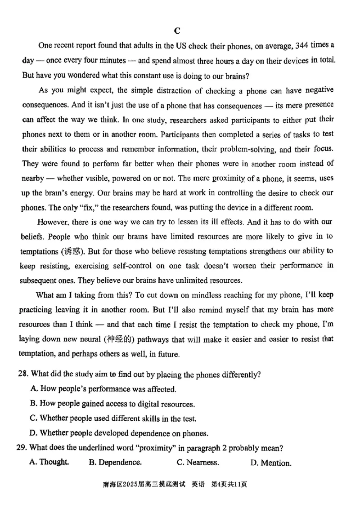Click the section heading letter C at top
pos(177,31)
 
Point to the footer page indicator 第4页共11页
pos(230,485)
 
